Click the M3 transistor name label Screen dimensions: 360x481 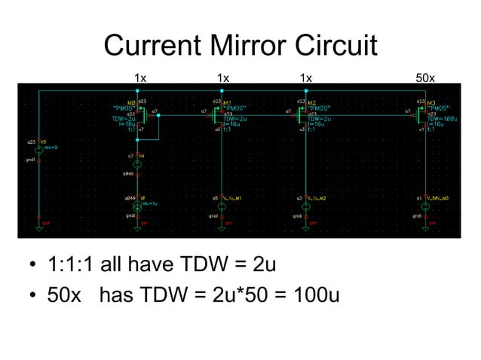pos(433,102)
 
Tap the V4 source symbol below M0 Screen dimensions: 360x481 pos(137,163)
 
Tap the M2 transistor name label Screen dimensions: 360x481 pos(312,102)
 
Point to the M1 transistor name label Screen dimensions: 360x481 pos(228,102)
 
